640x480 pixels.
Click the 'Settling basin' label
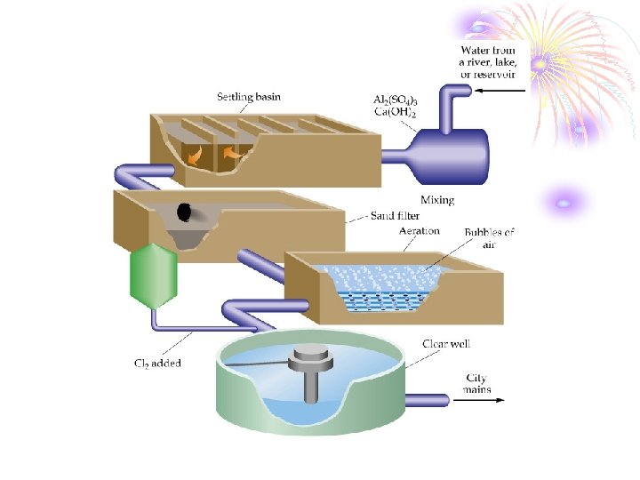pos(249,96)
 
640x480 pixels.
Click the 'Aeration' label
pos(420,231)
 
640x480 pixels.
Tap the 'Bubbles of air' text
pos(489,238)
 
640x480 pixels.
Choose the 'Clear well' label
pos(446,344)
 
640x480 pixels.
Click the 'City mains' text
pos(476,384)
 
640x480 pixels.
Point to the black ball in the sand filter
pos(184,212)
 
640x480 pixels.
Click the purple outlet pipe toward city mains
pos(427,401)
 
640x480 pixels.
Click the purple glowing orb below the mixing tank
pos(562,203)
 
